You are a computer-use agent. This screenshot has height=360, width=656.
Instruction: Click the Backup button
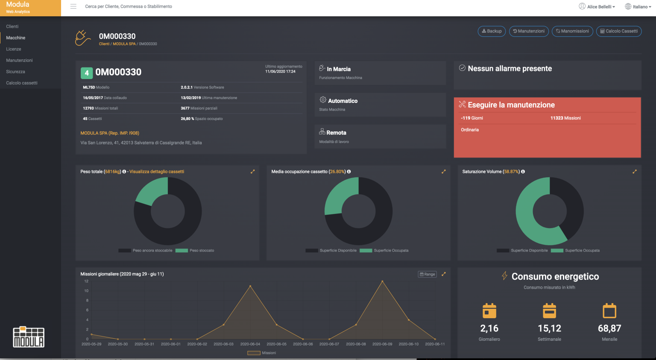coord(492,31)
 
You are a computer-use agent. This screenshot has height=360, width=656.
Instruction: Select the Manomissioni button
coord(572,31)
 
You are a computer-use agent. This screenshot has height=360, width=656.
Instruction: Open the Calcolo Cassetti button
coord(619,31)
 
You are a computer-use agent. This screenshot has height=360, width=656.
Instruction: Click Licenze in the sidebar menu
coord(14,49)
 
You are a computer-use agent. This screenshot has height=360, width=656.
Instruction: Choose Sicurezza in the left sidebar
coord(15,72)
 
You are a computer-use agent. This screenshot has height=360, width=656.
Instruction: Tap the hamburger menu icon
coord(73,6)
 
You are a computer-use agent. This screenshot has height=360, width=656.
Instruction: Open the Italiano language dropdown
coord(638,6)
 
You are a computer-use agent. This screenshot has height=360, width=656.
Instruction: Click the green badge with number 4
coord(87,73)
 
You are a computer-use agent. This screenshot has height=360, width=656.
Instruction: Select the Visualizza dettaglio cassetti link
coord(157,172)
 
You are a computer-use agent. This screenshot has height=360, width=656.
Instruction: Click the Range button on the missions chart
coord(427,274)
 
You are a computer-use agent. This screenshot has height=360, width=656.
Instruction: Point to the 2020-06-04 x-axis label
coord(250,344)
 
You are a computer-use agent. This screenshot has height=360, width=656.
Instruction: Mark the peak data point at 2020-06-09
coord(382,281)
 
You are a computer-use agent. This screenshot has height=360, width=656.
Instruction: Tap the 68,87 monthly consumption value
coord(609,328)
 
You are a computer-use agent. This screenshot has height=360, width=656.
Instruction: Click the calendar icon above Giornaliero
coord(489,311)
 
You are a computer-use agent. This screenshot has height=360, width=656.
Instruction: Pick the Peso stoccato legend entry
coord(201,251)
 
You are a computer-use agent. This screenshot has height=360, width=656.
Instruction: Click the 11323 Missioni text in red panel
coord(565,118)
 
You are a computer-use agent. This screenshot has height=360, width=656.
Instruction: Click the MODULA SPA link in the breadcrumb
coord(124,44)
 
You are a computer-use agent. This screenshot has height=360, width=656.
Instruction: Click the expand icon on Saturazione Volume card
coord(635,172)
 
